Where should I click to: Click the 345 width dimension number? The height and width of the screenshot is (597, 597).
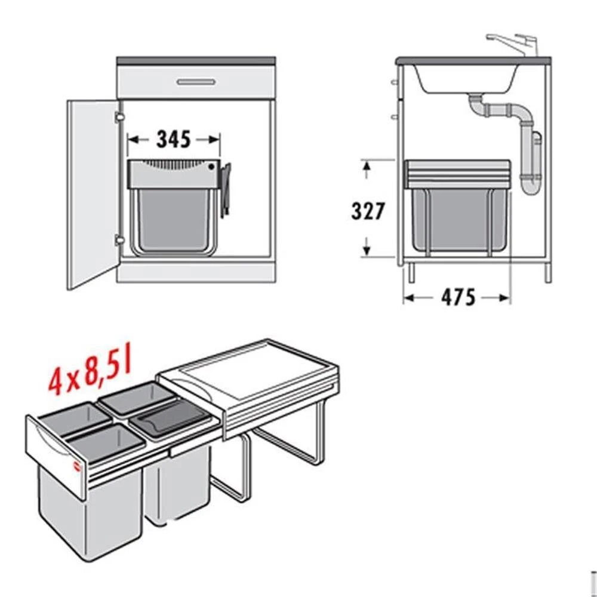point(174,139)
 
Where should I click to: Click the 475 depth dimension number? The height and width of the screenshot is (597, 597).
point(458,297)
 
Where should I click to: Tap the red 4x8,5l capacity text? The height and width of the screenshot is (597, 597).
point(90,368)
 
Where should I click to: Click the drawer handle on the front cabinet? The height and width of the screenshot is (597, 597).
point(196,82)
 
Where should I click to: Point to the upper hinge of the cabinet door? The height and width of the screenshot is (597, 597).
point(119,117)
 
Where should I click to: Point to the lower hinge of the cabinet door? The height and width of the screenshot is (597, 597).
point(119,240)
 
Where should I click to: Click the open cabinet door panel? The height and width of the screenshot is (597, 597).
point(93,194)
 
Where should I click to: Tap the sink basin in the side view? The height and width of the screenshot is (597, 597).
point(466,79)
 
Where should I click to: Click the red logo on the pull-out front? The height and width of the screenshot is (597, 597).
point(76,466)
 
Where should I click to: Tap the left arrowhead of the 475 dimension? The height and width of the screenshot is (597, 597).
point(408,298)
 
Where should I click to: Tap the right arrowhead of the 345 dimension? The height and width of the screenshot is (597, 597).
point(215,140)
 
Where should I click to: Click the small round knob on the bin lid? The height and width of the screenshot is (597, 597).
point(212,167)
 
